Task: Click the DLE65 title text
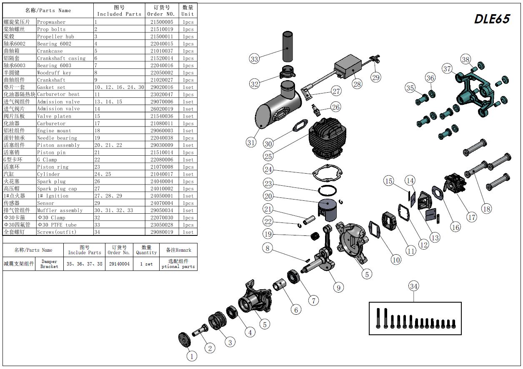[492, 19]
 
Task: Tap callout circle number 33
[254, 59]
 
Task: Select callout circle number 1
[191, 356]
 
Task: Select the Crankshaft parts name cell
[51, 80]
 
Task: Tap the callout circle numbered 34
[413, 286]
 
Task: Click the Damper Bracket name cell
[49, 264]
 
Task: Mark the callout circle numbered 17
[471, 217]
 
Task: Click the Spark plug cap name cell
[57, 189]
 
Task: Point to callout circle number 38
[465, 59]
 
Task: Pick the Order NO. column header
[161, 10]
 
